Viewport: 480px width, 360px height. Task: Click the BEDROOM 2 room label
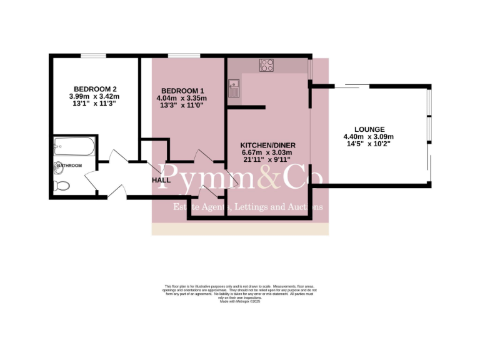[94, 89]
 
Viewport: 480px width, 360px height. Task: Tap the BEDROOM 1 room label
[181, 90]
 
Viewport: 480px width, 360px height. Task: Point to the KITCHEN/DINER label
[267, 146]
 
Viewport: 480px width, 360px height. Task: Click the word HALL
[161, 180]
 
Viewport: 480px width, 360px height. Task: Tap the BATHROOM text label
[69, 166]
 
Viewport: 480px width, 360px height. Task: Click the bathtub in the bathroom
[74, 147]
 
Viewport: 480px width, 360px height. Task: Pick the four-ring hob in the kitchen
[267, 64]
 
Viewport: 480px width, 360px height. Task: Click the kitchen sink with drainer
[235, 87]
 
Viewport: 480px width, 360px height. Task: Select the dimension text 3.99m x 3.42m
[94, 97]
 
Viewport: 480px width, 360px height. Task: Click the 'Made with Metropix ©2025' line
[240, 302]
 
